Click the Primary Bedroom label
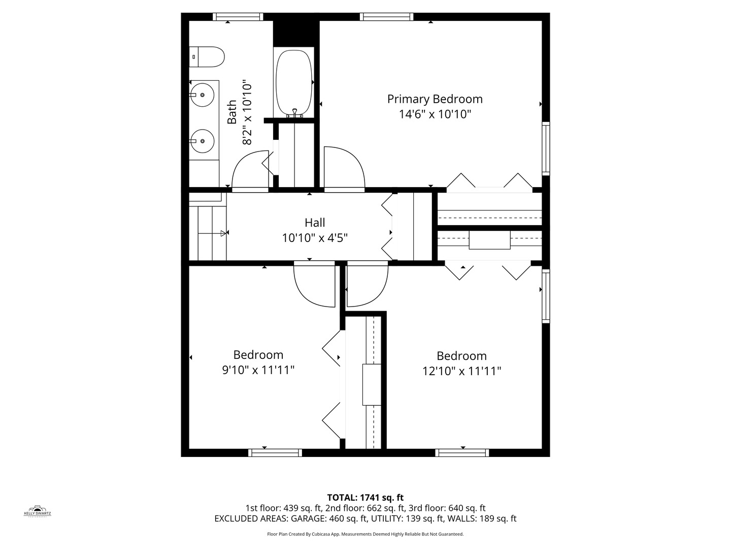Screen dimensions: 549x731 click(x=435, y=99)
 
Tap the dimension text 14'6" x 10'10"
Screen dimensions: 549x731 click(x=435, y=114)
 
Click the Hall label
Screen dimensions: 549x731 click(x=315, y=222)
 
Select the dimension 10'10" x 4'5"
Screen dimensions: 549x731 click(x=315, y=237)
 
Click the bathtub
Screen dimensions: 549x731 click(x=293, y=83)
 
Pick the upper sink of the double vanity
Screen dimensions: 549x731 click(x=202, y=94)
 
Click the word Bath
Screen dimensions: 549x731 click(x=232, y=112)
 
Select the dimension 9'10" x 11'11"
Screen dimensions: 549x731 click(x=258, y=370)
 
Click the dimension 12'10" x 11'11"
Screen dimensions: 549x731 click(x=461, y=371)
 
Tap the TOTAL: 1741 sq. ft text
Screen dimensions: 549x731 click(x=365, y=497)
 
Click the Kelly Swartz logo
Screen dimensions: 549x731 click(x=38, y=510)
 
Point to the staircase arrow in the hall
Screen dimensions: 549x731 click(x=223, y=233)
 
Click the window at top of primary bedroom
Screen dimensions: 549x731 click(x=387, y=17)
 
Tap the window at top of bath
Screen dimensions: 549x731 click(x=238, y=17)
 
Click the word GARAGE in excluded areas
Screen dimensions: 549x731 click(x=307, y=518)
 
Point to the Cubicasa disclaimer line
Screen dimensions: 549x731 click(x=365, y=534)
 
